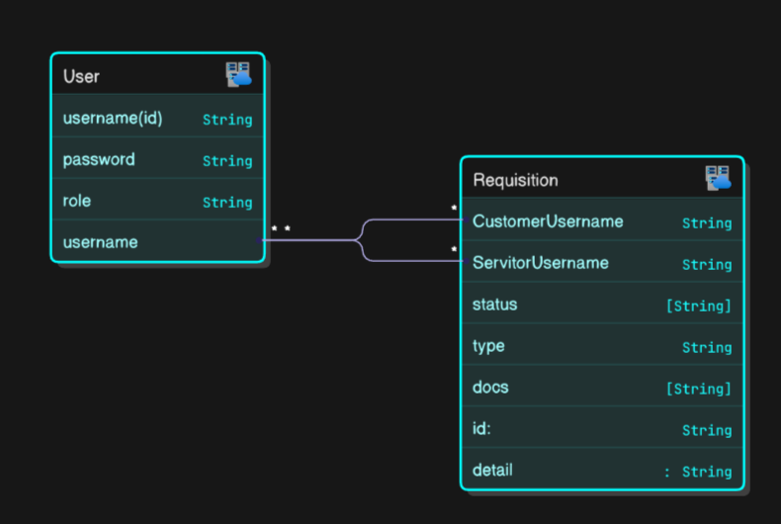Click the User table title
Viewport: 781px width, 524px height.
point(81,76)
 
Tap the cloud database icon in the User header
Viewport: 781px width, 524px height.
point(238,75)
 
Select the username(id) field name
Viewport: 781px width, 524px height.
point(113,118)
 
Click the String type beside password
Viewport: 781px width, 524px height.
point(227,161)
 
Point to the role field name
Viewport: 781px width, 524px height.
point(77,201)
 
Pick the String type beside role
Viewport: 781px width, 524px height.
point(227,203)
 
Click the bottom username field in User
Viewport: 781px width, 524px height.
point(100,242)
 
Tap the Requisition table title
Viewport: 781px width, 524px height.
point(515,180)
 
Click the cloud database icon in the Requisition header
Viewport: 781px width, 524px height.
point(719,178)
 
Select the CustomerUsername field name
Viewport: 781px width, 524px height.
point(548,221)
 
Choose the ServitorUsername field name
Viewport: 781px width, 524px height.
point(541,263)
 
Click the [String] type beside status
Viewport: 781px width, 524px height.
point(699,306)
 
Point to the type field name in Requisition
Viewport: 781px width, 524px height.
point(488,346)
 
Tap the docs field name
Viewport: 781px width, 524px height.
point(490,387)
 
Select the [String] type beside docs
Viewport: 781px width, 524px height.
point(699,388)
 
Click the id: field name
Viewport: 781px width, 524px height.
point(481,428)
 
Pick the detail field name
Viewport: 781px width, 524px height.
point(492,470)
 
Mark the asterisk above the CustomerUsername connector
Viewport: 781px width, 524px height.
point(454,208)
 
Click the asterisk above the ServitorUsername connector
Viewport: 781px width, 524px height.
point(454,248)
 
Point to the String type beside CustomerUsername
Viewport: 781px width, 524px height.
point(707,223)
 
